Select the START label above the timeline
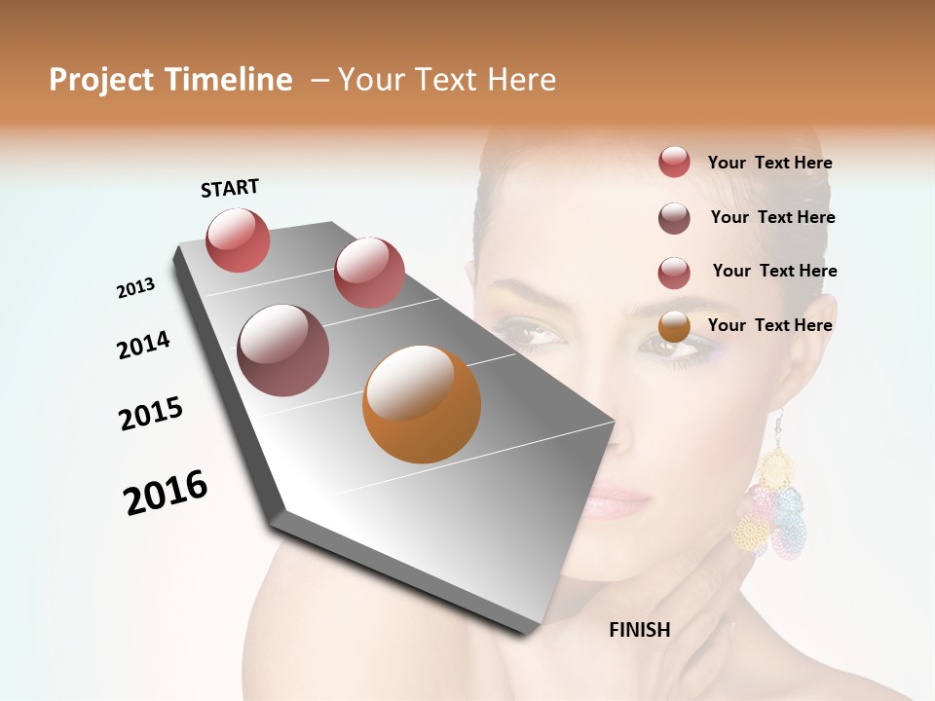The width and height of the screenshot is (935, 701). pos(230,188)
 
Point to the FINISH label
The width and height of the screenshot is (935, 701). pos(639,630)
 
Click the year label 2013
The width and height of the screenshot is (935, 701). pos(135,288)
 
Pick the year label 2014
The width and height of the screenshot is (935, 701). pos(143,345)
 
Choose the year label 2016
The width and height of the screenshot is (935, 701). pos(166,493)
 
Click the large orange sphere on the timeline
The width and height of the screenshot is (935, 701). pos(422,404)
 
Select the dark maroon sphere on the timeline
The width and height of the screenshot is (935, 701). pos(282,350)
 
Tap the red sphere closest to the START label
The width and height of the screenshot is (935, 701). pos(238,240)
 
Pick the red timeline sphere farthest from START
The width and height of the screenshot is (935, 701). pos(369,273)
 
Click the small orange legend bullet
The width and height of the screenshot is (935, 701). pos(674,326)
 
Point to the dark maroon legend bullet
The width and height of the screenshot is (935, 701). pos(674,218)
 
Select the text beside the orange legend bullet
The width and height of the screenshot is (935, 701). pos(769,325)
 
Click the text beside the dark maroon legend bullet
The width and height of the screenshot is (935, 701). pos(772,217)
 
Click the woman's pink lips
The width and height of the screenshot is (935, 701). pos(616,504)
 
